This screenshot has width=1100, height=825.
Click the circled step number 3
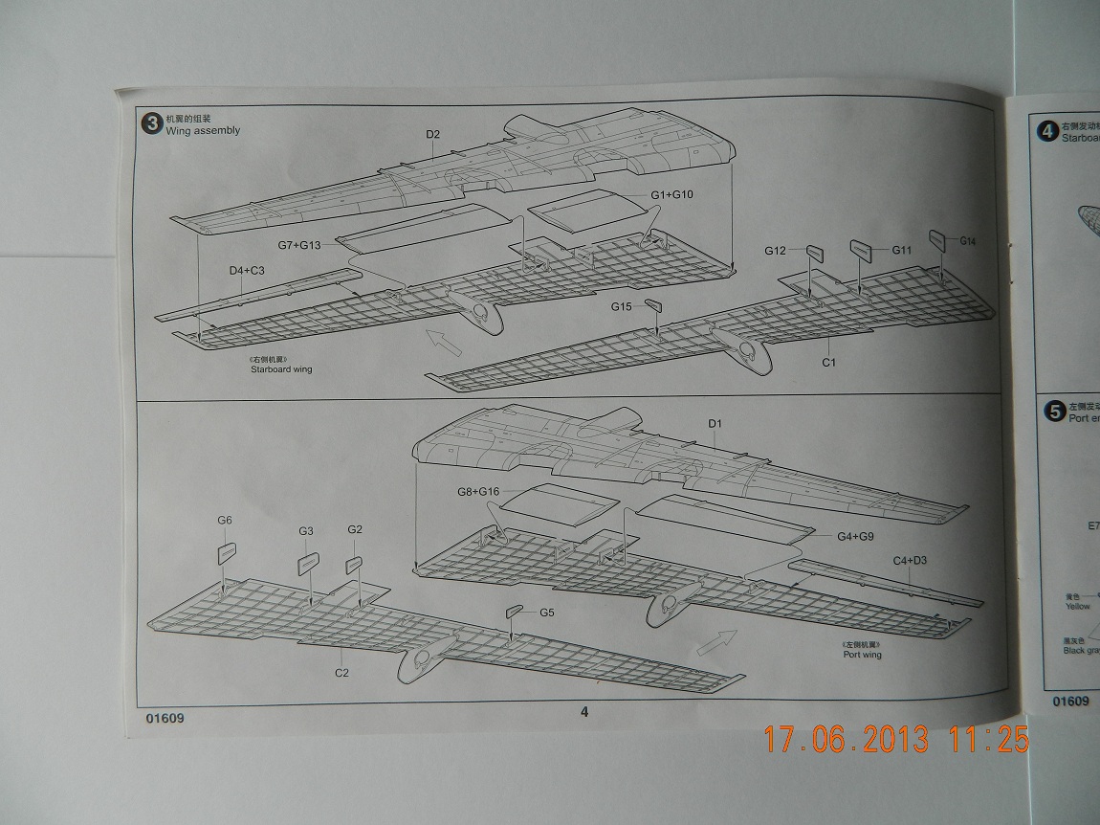point(151,124)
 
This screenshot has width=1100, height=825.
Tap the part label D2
point(432,134)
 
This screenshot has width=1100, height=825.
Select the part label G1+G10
point(671,195)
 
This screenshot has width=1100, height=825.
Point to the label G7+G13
point(298,245)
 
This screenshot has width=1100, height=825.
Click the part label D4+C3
point(247,271)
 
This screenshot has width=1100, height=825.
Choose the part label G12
point(775,251)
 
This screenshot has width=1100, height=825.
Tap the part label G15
point(622,307)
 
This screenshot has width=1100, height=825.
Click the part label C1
point(828,363)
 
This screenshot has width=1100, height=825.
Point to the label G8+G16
point(479,492)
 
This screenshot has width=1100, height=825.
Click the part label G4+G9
point(857,536)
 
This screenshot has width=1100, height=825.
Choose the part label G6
point(225,520)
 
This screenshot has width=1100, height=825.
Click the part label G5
point(546,613)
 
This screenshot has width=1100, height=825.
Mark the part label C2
point(341,673)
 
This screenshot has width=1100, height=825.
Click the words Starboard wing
point(281,369)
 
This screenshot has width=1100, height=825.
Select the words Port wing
point(862,655)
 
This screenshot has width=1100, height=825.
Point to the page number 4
point(584,711)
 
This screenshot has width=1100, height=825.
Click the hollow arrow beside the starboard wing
point(441,339)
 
